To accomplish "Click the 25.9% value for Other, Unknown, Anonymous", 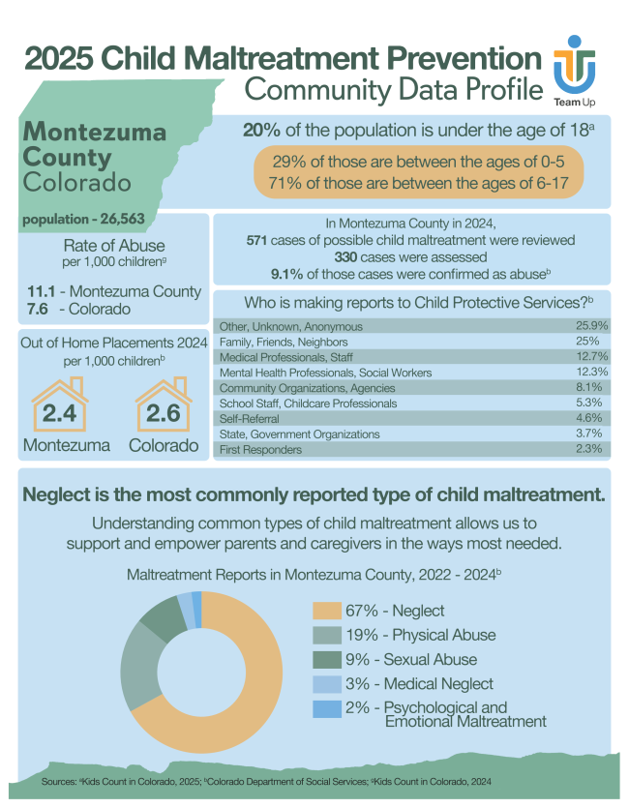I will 590,326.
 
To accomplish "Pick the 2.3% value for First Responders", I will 593,450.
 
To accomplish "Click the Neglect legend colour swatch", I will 326,611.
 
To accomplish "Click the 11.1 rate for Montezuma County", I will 40,291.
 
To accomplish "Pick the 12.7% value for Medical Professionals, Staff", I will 591,357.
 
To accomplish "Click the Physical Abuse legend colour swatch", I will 326,636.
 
